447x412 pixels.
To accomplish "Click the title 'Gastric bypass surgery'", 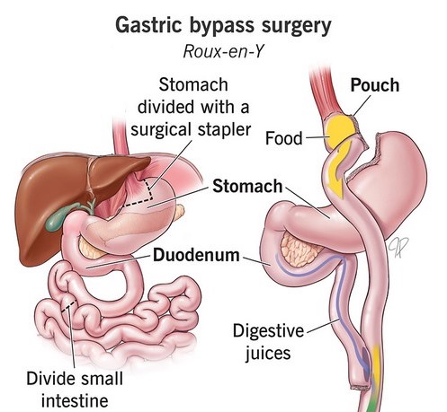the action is click(x=223, y=27).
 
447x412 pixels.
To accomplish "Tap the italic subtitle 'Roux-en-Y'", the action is click(x=223, y=51).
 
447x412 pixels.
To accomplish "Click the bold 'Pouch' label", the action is click(x=375, y=85).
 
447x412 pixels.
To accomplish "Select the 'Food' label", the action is click(x=283, y=138).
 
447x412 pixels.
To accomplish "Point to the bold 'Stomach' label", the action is click(x=247, y=186).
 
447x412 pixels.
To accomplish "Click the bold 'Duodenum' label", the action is click(x=196, y=255).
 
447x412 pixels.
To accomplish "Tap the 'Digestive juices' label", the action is click(x=268, y=342).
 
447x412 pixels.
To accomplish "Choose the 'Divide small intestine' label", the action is click(x=75, y=390).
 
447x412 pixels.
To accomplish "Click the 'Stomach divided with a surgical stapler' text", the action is click(x=191, y=107).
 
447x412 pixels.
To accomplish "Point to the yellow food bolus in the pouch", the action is click(x=341, y=131).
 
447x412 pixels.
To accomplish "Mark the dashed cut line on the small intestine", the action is click(x=68, y=306).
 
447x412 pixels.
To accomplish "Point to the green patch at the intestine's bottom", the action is click(x=371, y=403).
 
